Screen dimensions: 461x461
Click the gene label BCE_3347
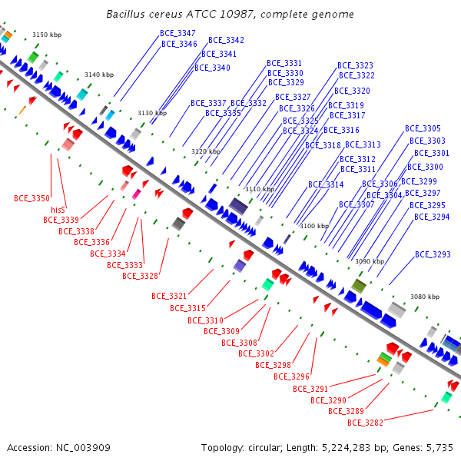(x=177, y=34)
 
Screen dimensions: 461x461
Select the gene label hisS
(x=58, y=209)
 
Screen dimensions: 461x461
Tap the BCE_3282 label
(x=365, y=422)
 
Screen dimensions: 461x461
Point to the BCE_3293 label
(x=433, y=254)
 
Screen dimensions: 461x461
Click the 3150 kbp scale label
(x=46, y=35)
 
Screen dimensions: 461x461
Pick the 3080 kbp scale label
(x=424, y=297)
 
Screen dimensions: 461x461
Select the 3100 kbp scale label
(x=314, y=226)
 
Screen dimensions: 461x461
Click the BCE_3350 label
(x=32, y=198)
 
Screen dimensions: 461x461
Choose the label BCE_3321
(x=169, y=296)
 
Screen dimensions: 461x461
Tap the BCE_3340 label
(x=212, y=68)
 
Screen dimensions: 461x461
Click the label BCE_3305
(x=423, y=129)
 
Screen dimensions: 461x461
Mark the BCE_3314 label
(x=326, y=184)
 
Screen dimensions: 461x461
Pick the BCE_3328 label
(x=140, y=276)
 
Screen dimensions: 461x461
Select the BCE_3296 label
(x=291, y=376)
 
